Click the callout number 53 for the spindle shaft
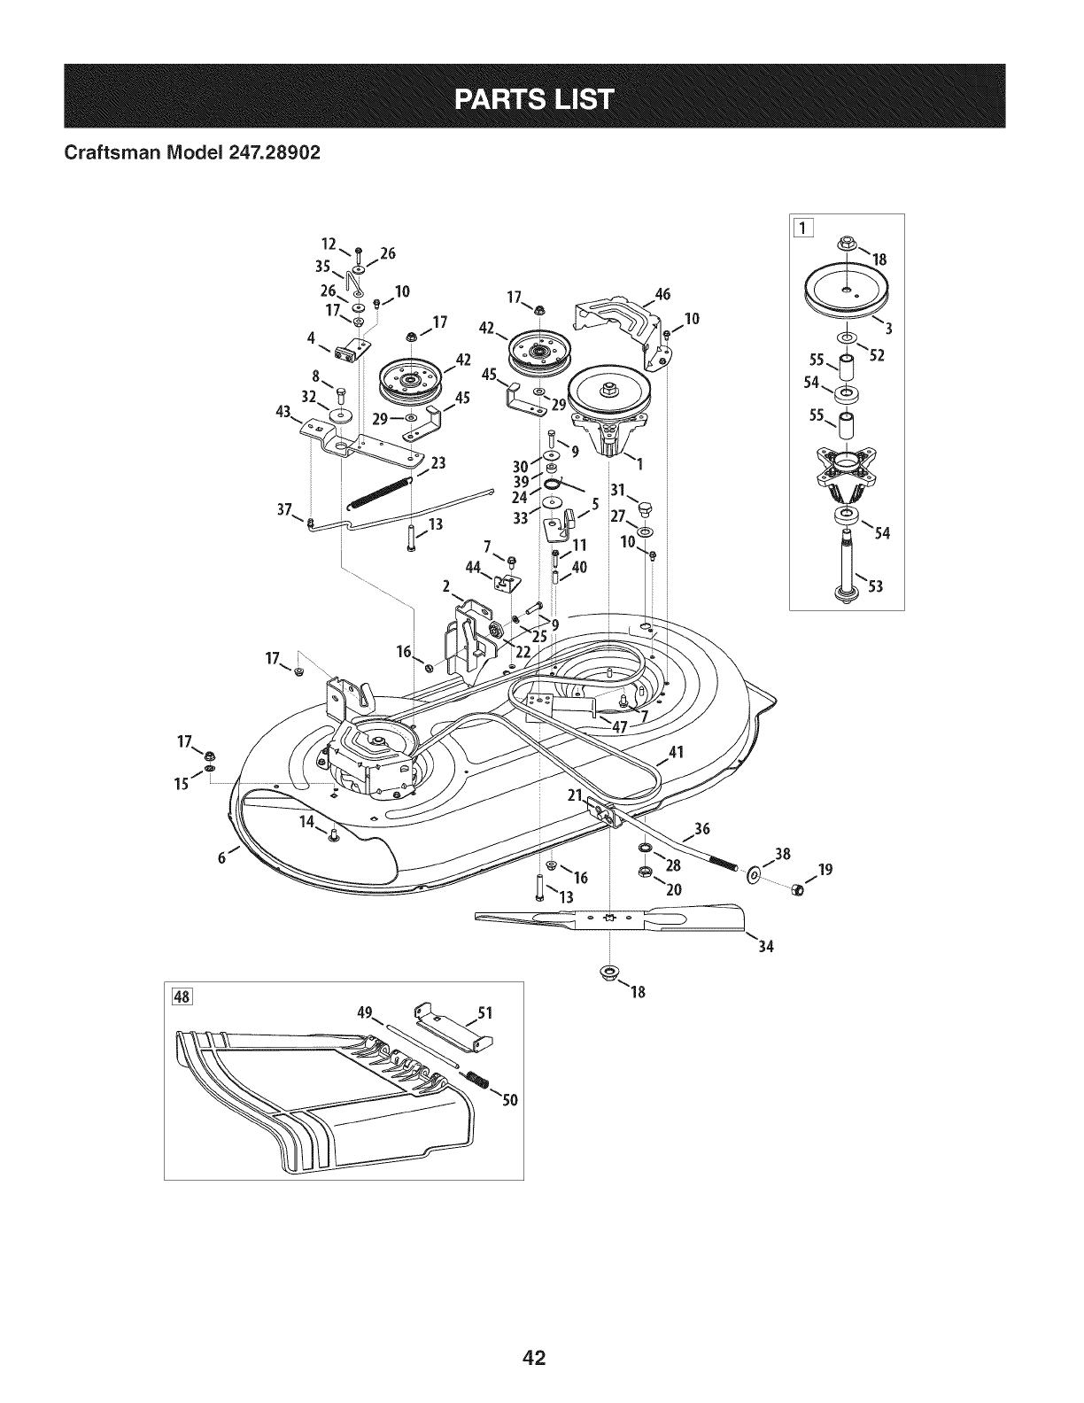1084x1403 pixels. click(876, 586)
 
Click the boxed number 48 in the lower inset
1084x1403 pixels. click(182, 996)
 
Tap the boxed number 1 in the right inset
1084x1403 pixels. click(803, 228)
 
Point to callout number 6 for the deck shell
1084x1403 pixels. click(222, 857)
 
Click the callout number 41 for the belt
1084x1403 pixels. click(676, 752)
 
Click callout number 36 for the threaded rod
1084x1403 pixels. click(702, 828)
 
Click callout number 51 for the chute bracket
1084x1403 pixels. click(484, 1013)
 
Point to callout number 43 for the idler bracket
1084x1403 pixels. click(283, 411)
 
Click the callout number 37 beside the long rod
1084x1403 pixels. click(284, 509)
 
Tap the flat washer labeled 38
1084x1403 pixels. click(754, 876)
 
